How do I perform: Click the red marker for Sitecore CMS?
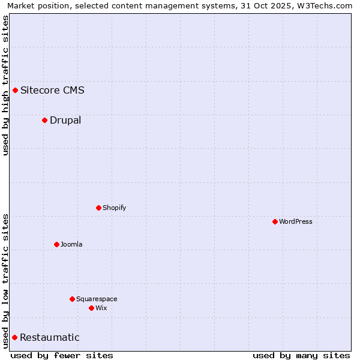point(16,91)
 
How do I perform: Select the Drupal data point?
point(44,121)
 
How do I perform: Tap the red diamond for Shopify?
point(98,208)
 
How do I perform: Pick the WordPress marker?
point(275,222)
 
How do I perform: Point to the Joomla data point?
point(56,245)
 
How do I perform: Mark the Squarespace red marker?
point(72,299)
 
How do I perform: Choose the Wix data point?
point(91,308)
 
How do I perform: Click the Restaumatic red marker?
point(14,338)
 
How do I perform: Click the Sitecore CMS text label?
point(52,91)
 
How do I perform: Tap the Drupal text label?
point(65,121)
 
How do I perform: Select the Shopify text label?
point(114,208)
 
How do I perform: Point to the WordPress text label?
point(296,222)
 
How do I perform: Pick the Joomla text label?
point(71,245)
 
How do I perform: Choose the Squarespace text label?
point(97,299)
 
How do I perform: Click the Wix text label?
point(101,308)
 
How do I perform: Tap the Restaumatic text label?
point(49,338)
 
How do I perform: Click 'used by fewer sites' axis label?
point(62,355)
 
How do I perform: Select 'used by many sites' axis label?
point(301,355)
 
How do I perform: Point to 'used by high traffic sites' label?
point(5,85)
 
